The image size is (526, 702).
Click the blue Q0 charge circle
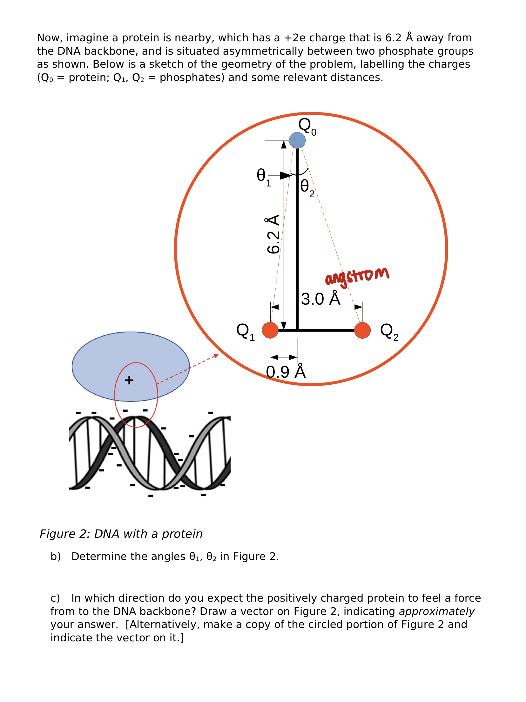[297, 140]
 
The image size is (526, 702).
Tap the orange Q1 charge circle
[270, 330]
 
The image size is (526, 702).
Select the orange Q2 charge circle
[362, 330]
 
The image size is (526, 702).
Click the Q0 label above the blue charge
[307, 126]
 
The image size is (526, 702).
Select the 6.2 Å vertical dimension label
[273, 234]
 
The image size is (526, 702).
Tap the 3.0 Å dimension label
[320, 299]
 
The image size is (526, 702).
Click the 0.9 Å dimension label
[286, 371]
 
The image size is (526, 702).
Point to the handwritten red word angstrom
[357, 276]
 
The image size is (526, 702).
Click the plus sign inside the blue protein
[129, 380]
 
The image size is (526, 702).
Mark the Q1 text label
[245, 332]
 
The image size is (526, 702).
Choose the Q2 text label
[389, 332]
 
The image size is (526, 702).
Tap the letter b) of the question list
[56, 557]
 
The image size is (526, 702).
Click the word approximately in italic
[436, 611]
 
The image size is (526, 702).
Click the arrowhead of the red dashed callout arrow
[216, 355]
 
